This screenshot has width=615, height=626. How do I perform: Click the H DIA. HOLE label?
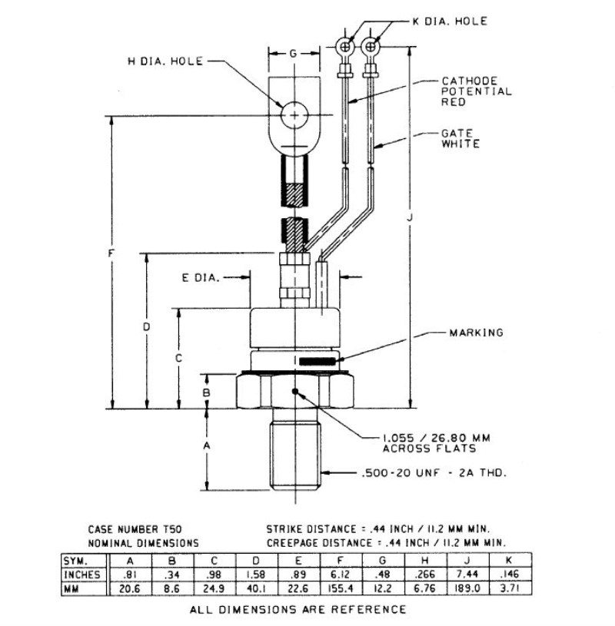coord(166,61)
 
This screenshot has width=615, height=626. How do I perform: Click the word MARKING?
coord(476,333)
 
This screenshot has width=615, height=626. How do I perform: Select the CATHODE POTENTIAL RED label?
coord(476,91)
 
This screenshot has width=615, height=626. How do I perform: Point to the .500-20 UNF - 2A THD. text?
coord(434,473)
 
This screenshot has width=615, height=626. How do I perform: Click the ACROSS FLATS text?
coord(429,449)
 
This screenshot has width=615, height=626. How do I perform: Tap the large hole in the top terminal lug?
coord(294,116)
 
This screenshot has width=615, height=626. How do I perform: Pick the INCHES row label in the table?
coord(83,575)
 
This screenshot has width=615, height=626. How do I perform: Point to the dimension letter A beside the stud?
coord(205,445)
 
